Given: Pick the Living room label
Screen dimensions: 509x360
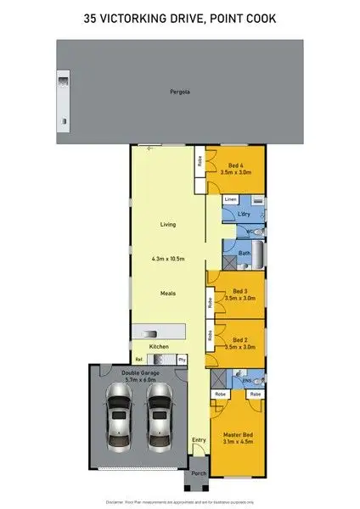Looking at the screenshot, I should (x=168, y=225).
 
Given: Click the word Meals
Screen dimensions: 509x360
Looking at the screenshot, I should (x=168, y=293).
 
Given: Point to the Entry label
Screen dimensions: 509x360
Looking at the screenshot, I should (x=199, y=439).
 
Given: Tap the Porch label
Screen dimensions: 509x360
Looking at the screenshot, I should (x=198, y=473).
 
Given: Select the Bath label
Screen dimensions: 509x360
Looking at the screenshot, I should (x=244, y=253).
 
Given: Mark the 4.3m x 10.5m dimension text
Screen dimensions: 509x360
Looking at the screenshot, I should (x=168, y=259).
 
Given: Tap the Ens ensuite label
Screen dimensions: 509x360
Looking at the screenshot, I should (x=246, y=381).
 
